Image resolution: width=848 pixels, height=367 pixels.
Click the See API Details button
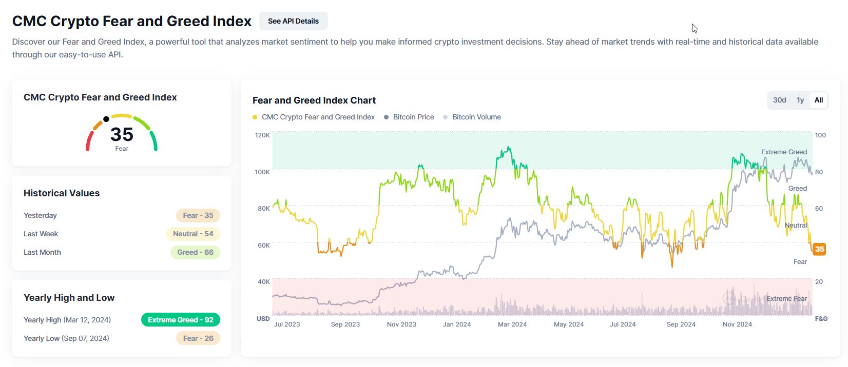point(293,21)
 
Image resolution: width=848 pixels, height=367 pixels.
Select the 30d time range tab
point(779,100)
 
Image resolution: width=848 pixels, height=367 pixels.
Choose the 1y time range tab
point(800,100)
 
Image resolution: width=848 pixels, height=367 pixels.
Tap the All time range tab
point(818,100)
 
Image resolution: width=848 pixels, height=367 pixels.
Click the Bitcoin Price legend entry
point(413,117)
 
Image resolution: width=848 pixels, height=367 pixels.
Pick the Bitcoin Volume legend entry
point(476,117)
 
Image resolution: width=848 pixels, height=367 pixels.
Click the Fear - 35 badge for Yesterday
point(198,215)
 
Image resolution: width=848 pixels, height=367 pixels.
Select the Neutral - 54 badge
point(192,234)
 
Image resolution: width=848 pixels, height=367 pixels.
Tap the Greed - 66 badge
point(195,252)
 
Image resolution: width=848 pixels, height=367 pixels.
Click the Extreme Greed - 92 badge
point(180,320)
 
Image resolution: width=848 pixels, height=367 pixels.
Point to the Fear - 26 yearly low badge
point(198,338)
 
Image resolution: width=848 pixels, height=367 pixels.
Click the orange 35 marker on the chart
point(819,249)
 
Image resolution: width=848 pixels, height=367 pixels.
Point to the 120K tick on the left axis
point(262,135)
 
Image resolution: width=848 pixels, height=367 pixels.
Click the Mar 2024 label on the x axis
point(512,324)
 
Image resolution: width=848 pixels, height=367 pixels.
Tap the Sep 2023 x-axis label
point(345,324)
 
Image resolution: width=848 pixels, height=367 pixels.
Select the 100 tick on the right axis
point(820,135)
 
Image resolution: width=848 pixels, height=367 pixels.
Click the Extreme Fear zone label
point(786,298)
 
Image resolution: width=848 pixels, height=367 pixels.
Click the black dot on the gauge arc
point(106,119)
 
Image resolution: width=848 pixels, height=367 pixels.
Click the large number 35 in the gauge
point(122,134)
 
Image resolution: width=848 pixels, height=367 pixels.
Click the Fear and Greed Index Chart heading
point(314,100)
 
